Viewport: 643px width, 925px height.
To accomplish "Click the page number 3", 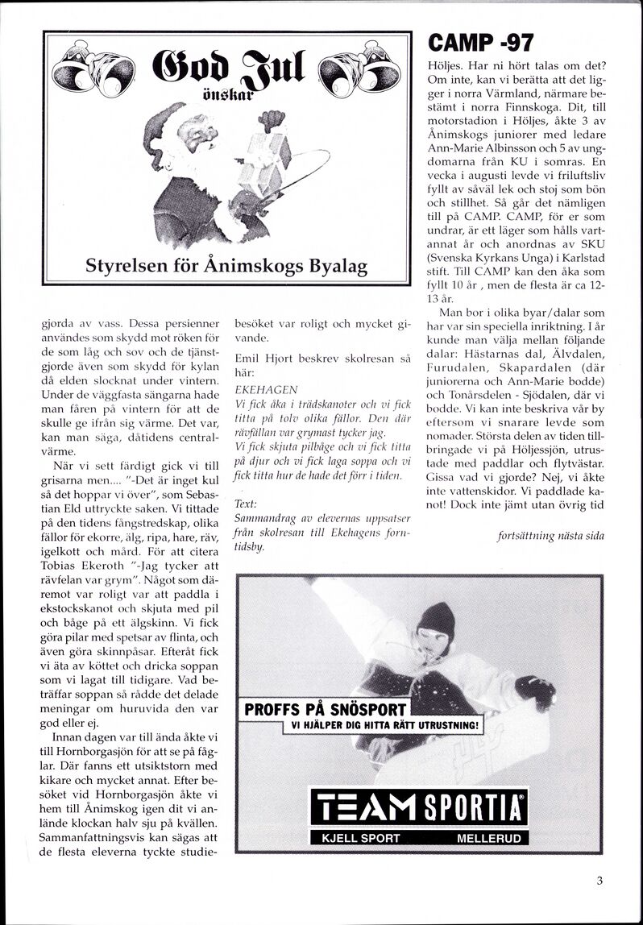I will tap(599, 881).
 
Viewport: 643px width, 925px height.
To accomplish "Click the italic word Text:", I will tap(246, 504).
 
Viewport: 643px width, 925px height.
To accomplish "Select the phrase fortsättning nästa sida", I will tap(550, 536).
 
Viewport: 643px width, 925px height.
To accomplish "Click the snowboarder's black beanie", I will tap(436, 621).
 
